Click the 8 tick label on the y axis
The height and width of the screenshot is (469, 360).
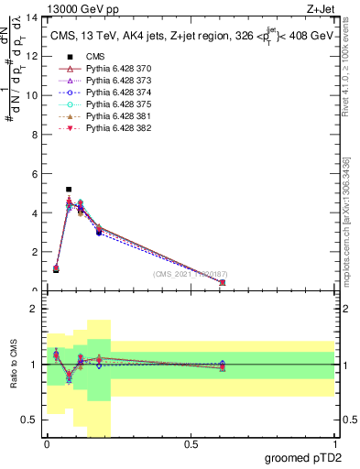coord(36,135)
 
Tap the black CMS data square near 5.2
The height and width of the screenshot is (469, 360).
coord(69,190)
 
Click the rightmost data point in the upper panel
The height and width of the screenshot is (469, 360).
coord(223,282)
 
